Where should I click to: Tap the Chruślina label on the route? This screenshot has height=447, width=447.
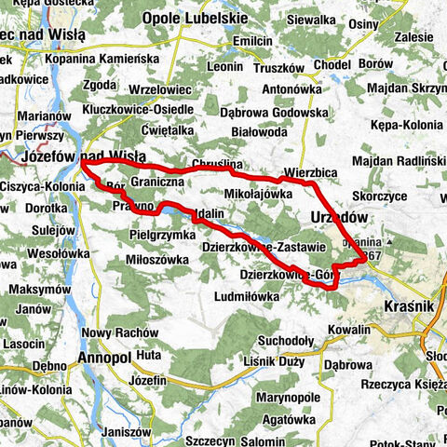pos(216,165)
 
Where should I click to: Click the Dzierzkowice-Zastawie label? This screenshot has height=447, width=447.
pos(263,247)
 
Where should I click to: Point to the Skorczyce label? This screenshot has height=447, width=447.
pos(380,196)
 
